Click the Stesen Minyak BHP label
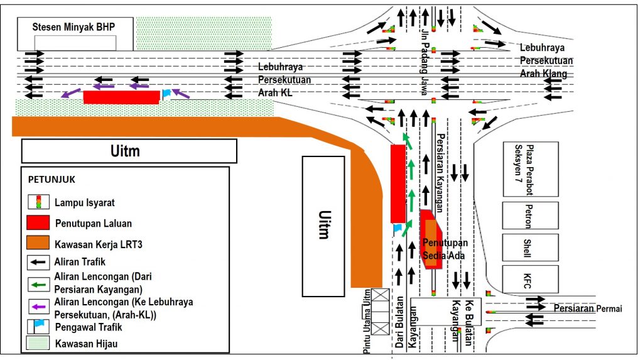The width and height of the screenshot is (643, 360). click(x=75, y=26)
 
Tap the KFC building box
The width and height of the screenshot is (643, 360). click(x=530, y=279)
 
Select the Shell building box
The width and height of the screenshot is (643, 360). click(x=530, y=246)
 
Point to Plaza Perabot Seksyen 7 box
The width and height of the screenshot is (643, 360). click(x=530, y=168)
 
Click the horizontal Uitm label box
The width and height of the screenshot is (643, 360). click(x=129, y=151)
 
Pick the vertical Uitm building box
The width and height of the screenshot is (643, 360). click(x=323, y=226)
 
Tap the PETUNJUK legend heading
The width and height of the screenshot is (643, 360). click(x=52, y=179)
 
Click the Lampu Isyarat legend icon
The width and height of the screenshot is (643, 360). click(x=39, y=202)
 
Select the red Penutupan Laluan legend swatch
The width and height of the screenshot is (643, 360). click(x=39, y=222)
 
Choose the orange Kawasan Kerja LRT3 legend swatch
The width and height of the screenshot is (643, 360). click(x=39, y=243)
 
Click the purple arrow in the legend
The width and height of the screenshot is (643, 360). click(x=39, y=307)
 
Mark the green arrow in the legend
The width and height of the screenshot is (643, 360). click(x=39, y=285)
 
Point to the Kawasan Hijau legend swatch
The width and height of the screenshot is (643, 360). click(x=39, y=344)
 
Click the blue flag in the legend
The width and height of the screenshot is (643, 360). click(x=40, y=324)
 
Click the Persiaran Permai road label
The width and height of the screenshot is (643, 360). click(x=588, y=308)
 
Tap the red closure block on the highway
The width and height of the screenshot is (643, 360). click(x=121, y=97)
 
